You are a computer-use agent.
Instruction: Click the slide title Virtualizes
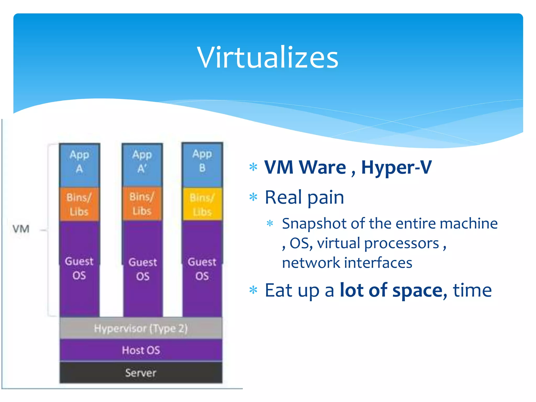[x=268, y=57]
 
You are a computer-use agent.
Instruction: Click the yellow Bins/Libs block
[x=202, y=204]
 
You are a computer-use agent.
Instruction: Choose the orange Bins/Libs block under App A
[x=79, y=204]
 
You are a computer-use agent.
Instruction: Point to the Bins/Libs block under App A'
[x=142, y=204]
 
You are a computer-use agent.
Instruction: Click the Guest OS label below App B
[x=202, y=269]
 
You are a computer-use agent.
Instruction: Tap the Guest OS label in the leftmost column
[x=79, y=268]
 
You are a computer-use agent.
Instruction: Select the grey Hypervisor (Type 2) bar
[x=141, y=328]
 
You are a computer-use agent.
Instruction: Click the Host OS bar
[x=141, y=350]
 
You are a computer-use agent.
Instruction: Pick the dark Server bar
[x=141, y=373]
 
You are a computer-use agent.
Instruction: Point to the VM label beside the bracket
[x=21, y=229]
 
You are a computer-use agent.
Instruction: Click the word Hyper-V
[x=396, y=167]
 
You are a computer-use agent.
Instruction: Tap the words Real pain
[x=304, y=197]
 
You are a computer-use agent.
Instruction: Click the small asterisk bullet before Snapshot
[x=270, y=224]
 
